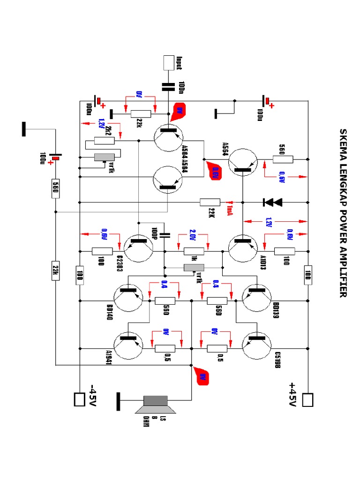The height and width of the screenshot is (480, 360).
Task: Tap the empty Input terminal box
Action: tap(168, 63)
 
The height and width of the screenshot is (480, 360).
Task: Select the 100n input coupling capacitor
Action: tap(168, 86)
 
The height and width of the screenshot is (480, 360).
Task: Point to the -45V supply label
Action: tap(92, 396)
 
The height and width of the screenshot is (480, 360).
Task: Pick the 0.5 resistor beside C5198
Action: tap(217, 348)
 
